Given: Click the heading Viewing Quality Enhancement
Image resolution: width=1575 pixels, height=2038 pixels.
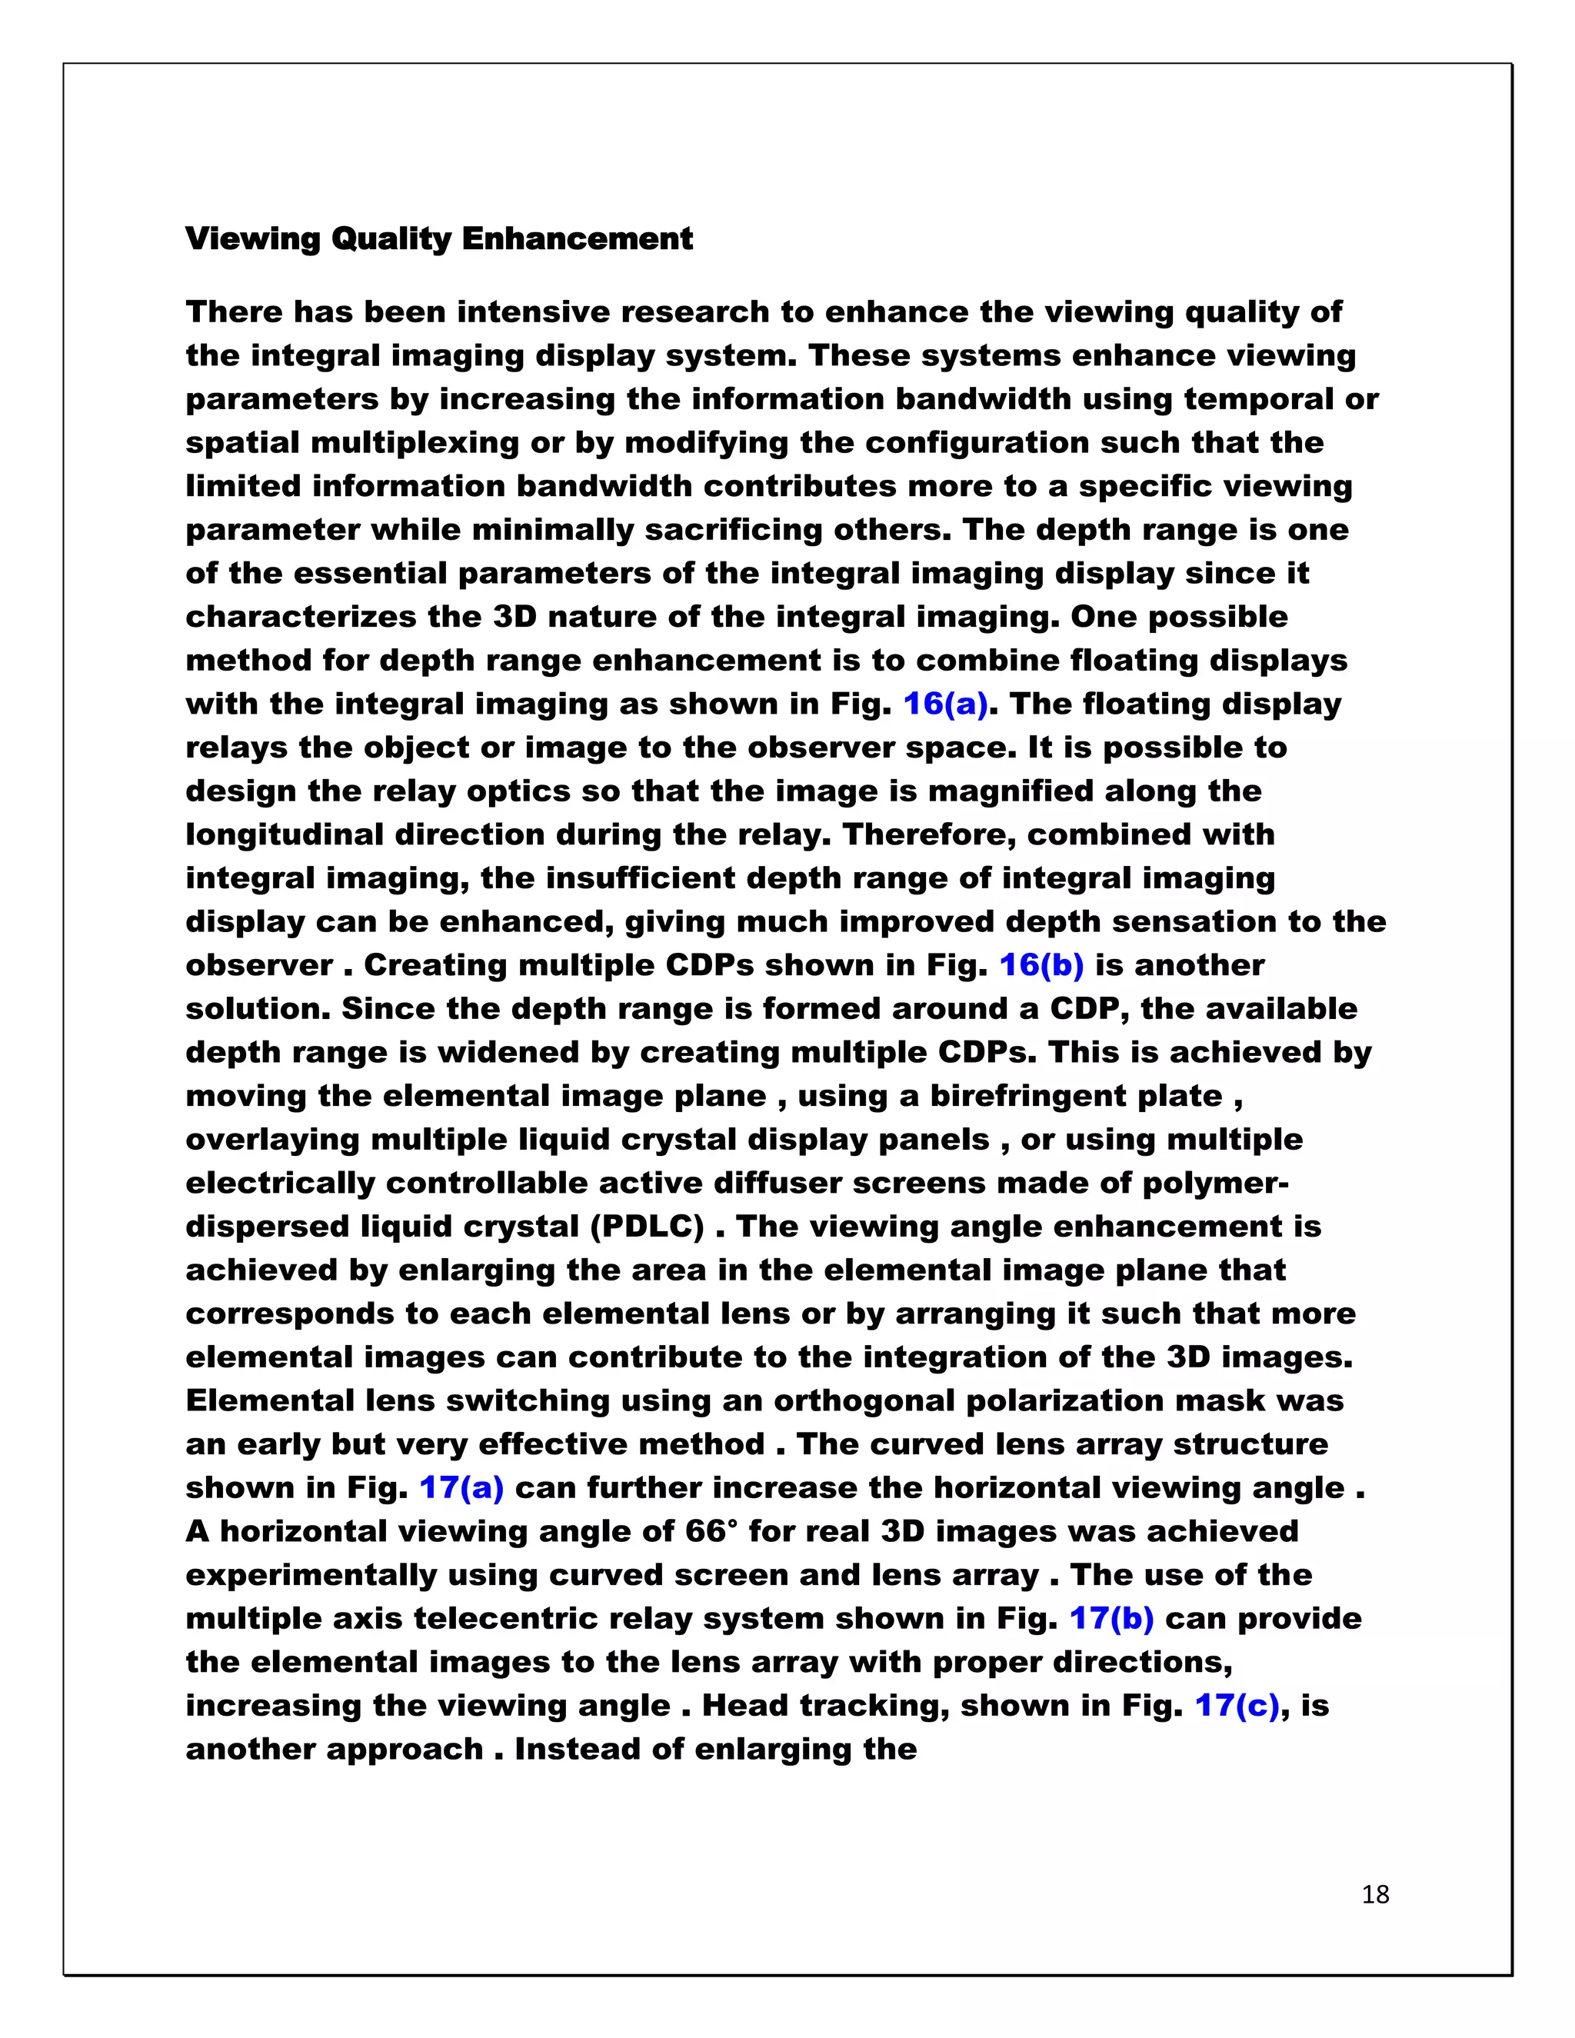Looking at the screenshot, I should [x=438, y=239].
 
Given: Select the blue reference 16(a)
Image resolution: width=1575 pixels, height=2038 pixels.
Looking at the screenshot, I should [x=945, y=704].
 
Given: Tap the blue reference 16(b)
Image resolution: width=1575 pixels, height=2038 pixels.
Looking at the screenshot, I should [x=1041, y=965].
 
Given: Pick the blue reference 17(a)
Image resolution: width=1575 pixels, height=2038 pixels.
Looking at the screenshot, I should [x=462, y=1487].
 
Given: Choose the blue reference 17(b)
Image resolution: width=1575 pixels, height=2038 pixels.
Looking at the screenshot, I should [x=1111, y=1618].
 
